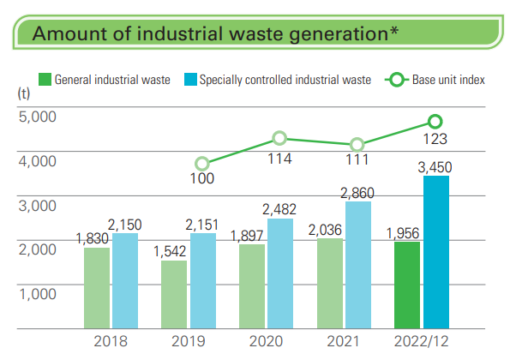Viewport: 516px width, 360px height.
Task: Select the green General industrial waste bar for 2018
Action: [x=96, y=287]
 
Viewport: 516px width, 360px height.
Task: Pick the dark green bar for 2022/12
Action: [x=407, y=285]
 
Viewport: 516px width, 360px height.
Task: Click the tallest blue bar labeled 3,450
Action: [x=435, y=252]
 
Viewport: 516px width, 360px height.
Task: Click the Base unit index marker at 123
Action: [x=435, y=122]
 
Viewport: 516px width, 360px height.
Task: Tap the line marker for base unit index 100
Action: [x=202, y=164]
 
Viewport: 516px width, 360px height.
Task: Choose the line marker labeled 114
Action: [x=279, y=138]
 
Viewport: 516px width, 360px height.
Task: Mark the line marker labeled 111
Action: [x=357, y=145]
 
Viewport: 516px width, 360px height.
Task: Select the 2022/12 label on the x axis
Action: [x=421, y=341]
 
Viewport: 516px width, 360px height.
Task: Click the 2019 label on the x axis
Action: [x=189, y=341]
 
